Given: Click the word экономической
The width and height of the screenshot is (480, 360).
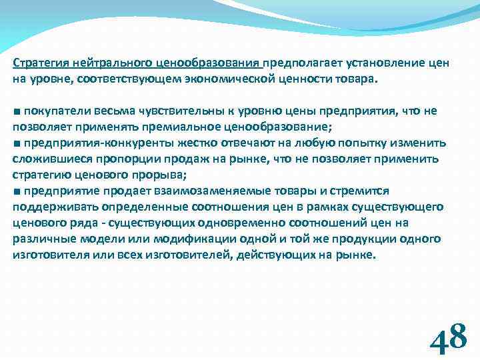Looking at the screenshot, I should pyautogui.click(x=225, y=79).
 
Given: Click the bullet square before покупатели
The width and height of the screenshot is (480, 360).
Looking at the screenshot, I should pyautogui.click(x=16, y=111).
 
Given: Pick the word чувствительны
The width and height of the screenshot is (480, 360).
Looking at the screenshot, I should pyautogui.click(x=167, y=111).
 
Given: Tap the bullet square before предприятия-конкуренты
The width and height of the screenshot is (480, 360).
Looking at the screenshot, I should pyautogui.click(x=16, y=143).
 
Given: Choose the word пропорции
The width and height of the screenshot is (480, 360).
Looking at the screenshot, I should pyautogui.click(x=103, y=159).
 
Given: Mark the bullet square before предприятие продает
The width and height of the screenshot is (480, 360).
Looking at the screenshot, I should pyautogui.click(x=16, y=191).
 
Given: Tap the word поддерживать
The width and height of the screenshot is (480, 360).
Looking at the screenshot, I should pyautogui.click(x=47, y=207).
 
